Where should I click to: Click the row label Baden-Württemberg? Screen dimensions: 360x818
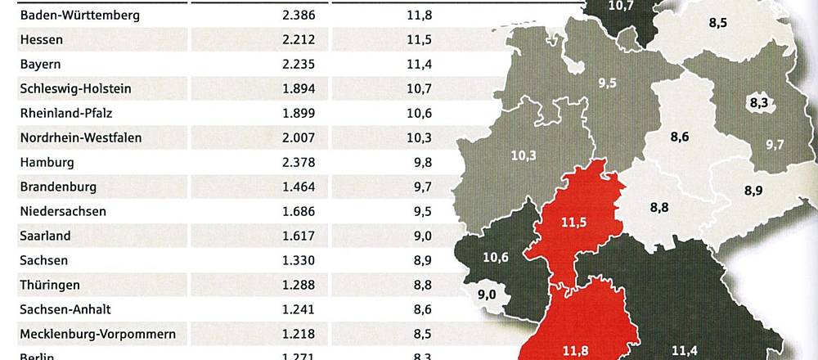79,15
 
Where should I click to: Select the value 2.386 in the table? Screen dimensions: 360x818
297,15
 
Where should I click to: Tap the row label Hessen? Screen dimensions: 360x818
42,39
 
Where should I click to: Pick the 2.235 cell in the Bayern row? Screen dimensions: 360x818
297,64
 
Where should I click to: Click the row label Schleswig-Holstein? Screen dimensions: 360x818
75,88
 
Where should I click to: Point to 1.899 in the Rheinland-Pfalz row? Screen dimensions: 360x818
297,113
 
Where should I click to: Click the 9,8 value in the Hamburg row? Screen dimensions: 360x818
422,162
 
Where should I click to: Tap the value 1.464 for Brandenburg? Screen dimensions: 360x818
297,187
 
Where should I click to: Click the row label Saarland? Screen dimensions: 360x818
45,236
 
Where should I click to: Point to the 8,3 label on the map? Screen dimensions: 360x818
758,103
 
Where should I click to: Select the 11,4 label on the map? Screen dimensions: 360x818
684,351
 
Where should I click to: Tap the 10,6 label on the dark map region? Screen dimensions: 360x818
496,259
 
